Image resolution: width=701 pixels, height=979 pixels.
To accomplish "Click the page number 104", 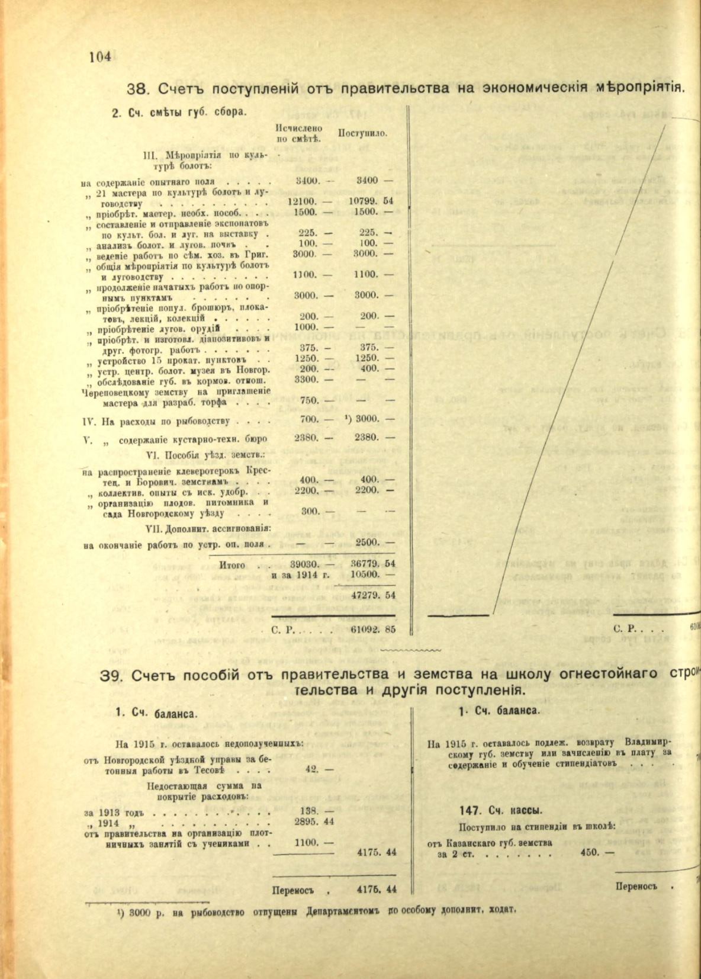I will [x=100, y=57].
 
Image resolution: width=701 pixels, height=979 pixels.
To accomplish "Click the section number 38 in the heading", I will [x=137, y=89].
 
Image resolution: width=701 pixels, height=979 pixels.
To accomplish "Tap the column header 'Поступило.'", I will [x=362, y=133].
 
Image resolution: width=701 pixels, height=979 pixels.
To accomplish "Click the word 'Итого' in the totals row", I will [x=232, y=565].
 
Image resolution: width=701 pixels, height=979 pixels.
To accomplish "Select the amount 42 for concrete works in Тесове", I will [x=312, y=769].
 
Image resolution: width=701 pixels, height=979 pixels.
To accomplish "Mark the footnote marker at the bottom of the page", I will [x=119, y=912].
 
